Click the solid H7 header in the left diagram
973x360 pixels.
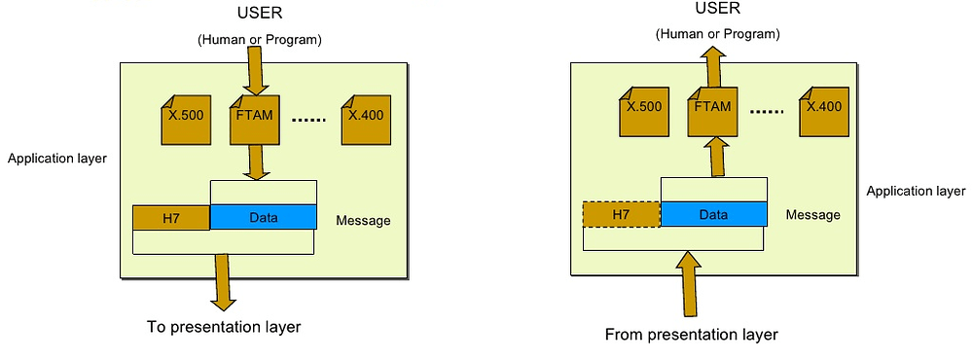click(x=171, y=217)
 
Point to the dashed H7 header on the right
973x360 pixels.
click(x=621, y=214)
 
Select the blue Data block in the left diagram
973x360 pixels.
click(x=263, y=217)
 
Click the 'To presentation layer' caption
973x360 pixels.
click(x=224, y=327)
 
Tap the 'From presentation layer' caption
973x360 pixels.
click(x=691, y=335)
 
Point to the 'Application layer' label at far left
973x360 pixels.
click(x=56, y=157)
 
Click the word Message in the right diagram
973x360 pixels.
click(x=812, y=214)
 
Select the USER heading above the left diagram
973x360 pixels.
click(x=261, y=13)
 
